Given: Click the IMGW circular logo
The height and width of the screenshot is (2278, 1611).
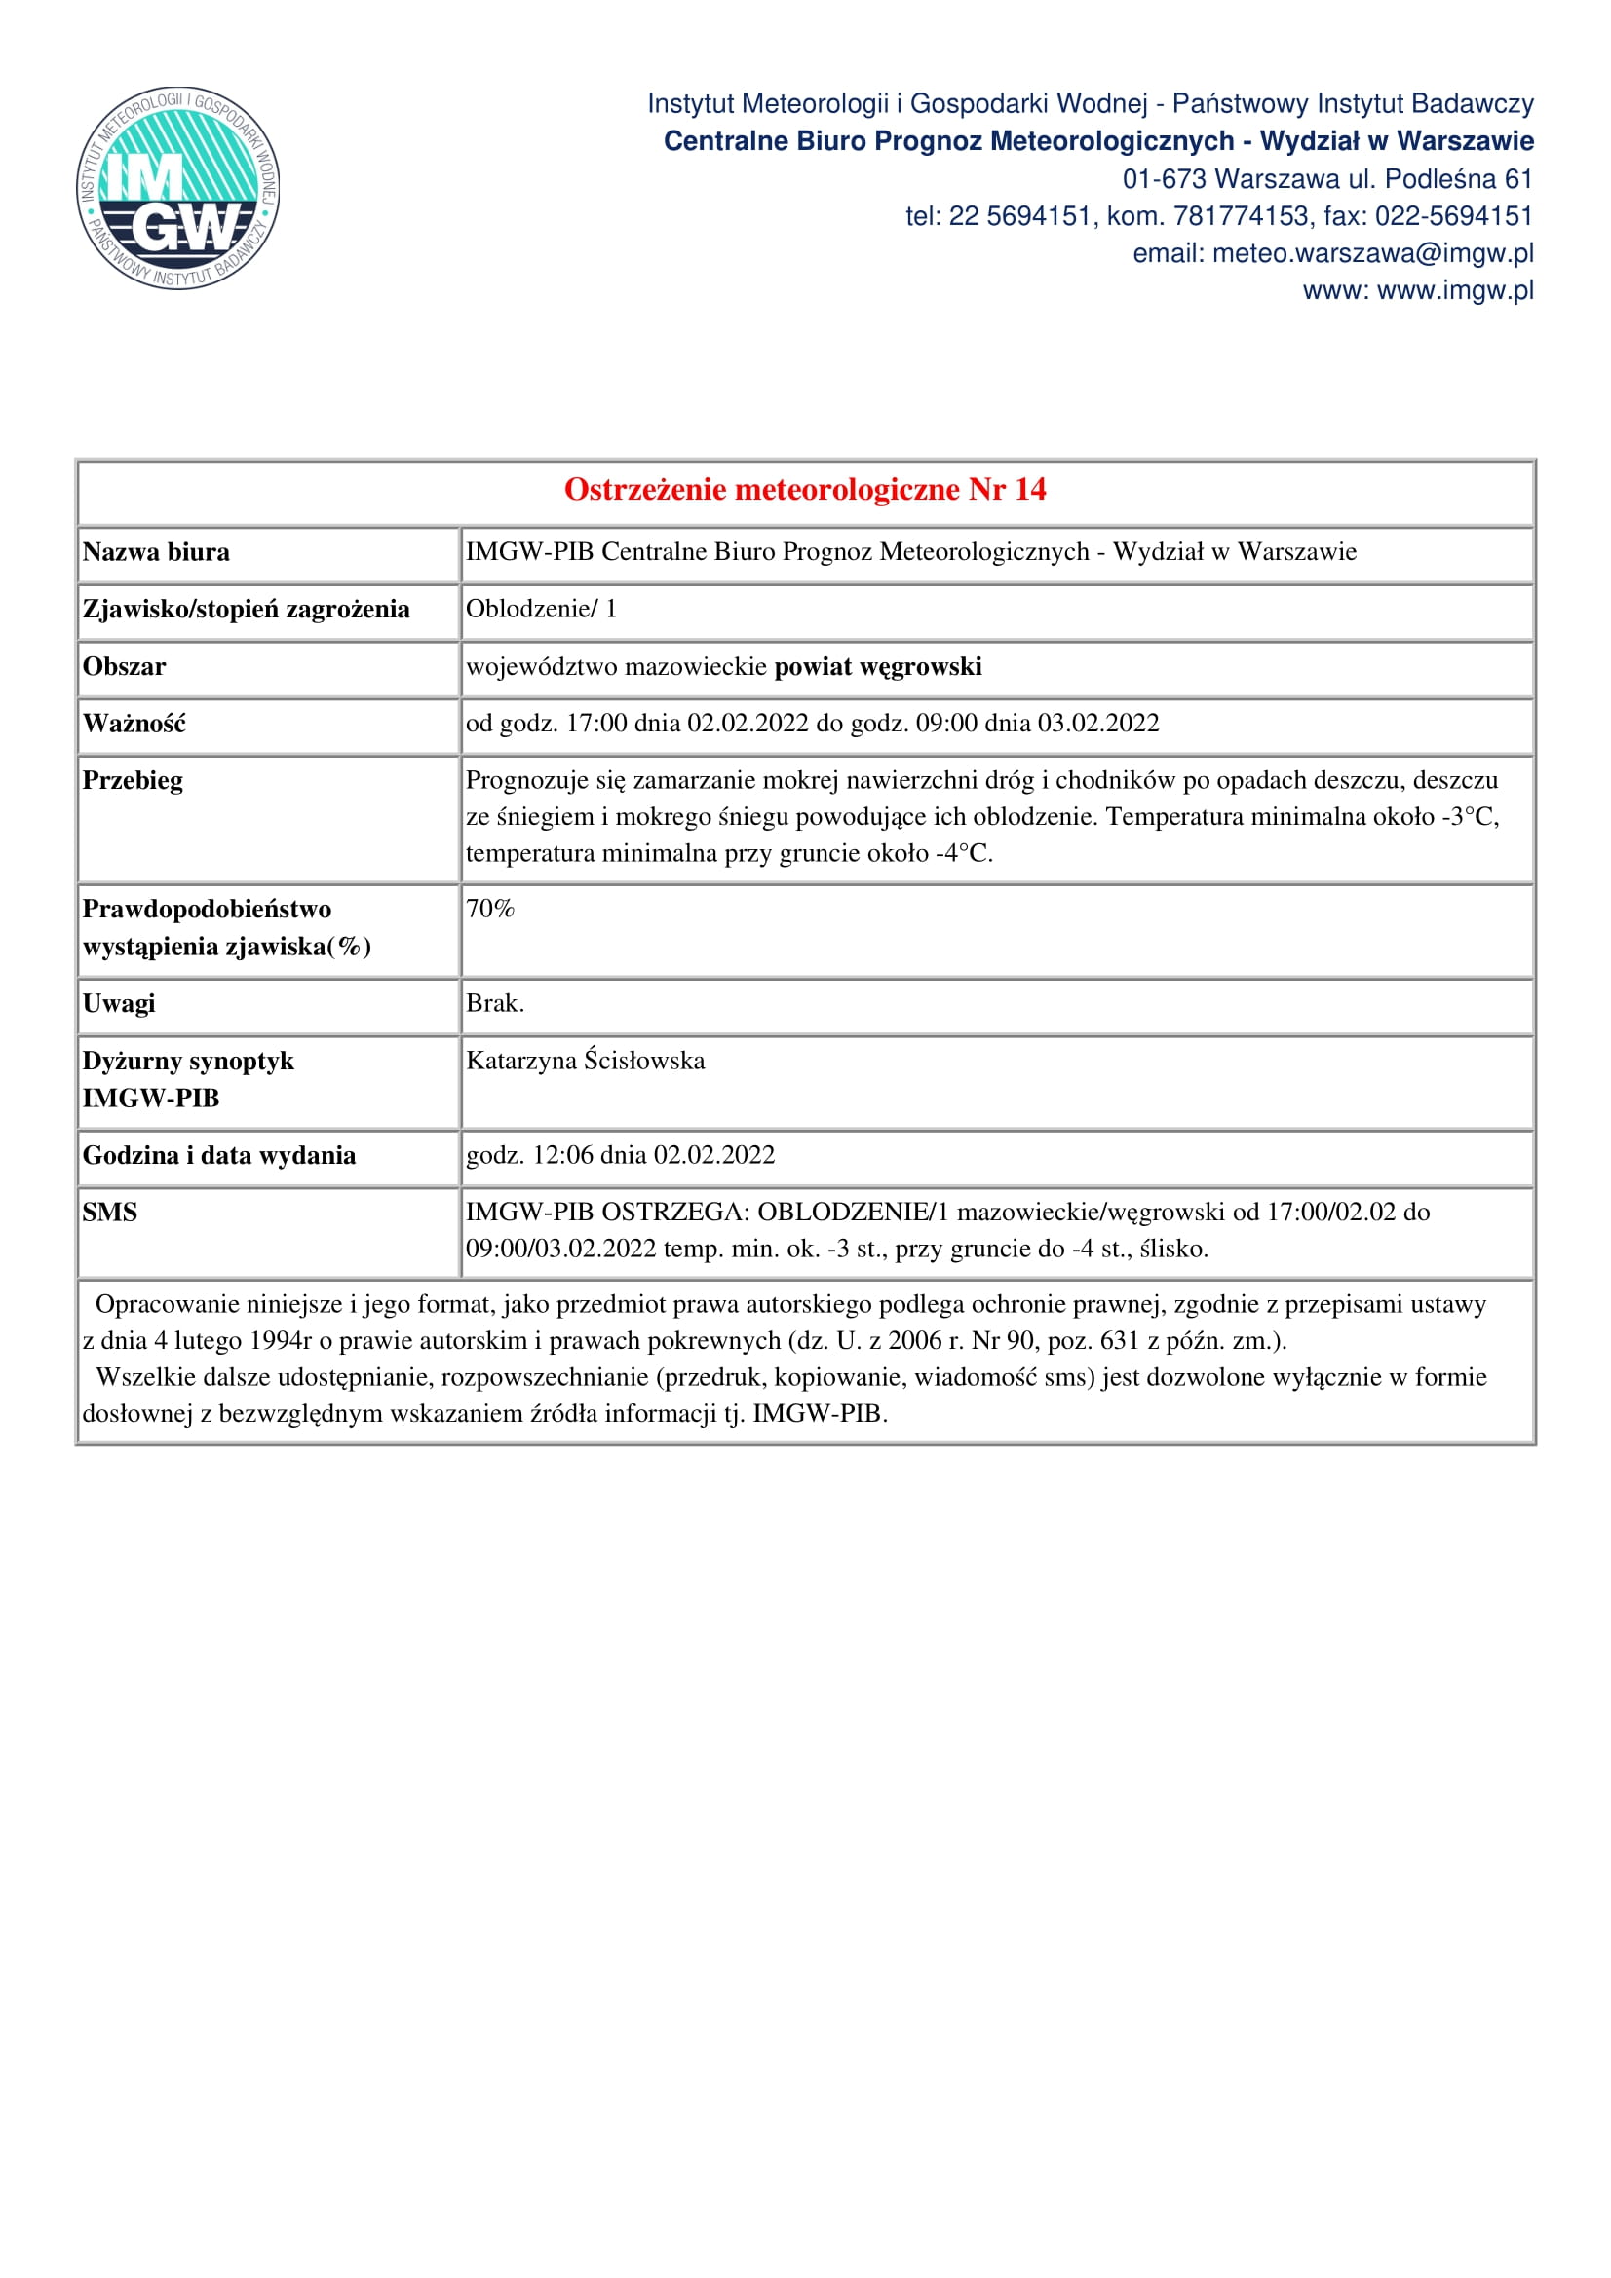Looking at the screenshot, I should pyautogui.click(x=177, y=188).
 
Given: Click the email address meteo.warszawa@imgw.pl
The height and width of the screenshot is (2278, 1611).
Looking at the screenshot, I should pyautogui.click(x=1373, y=254).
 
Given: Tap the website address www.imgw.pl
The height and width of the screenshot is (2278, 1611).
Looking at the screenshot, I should pyautogui.click(x=1455, y=290).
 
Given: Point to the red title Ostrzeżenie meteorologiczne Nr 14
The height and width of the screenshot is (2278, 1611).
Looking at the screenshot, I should pyautogui.click(x=805, y=489).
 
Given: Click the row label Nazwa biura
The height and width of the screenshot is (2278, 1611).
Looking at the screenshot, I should pyautogui.click(x=156, y=552).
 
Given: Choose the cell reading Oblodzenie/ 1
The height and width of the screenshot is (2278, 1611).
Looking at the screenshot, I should pyautogui.click(x=541, y=609).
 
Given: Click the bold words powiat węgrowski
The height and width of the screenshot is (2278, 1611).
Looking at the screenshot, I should pyautogui.click(x=877, y=667).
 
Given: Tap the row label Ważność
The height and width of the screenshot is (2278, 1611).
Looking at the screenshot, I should pyautogui.click(x=134, y=725).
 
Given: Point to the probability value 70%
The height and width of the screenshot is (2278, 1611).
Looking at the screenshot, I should pyautogui.click(x=489, y=909).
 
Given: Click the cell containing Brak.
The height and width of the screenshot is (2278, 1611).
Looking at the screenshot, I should pyautogui.click(x=494, y=1004).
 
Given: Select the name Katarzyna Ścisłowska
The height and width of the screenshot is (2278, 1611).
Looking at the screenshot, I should pyautogui.click(x=586, y=1061).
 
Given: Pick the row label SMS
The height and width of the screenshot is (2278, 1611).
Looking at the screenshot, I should pyautogui.click(x=109, y=1213).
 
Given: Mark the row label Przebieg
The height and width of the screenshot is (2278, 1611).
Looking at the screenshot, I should pyautogui.click(x=132, y=781).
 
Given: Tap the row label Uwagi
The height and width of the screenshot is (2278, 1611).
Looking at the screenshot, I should pyautogui.click(x=118, y=1004).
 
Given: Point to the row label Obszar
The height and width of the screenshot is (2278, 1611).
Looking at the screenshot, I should pyautogui.click(x=124, y=667).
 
